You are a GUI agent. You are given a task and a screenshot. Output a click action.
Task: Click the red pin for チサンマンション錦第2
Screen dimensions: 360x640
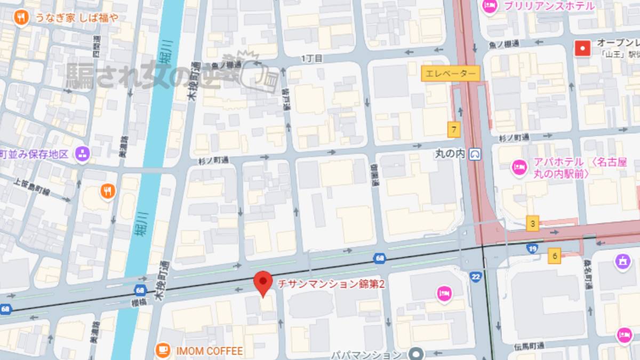pos(262,282)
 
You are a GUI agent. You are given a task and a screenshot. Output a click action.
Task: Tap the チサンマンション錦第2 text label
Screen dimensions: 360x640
pos(331,285)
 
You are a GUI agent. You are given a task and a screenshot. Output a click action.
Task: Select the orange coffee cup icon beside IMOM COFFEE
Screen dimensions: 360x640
pos(163,350)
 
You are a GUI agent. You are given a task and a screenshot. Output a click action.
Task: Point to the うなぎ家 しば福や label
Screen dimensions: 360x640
pos(77,18)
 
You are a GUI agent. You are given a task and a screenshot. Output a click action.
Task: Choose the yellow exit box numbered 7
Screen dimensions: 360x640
pos(454,129)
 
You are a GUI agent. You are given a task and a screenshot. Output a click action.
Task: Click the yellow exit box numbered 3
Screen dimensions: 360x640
pos(532,223)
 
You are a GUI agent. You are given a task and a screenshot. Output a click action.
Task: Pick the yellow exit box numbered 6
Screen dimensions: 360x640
pos(555,257)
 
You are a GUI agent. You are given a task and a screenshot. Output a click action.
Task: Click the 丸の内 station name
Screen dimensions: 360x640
pos(450,154)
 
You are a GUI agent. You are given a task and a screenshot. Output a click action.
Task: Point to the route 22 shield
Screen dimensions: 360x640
pos(476,276)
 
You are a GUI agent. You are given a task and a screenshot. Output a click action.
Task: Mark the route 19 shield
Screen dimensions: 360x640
pos(532,248)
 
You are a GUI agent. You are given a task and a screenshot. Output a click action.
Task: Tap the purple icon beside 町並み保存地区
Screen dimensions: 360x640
pos(82,154)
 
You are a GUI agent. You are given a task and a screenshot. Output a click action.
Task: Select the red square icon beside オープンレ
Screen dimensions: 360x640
pos(582,49)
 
